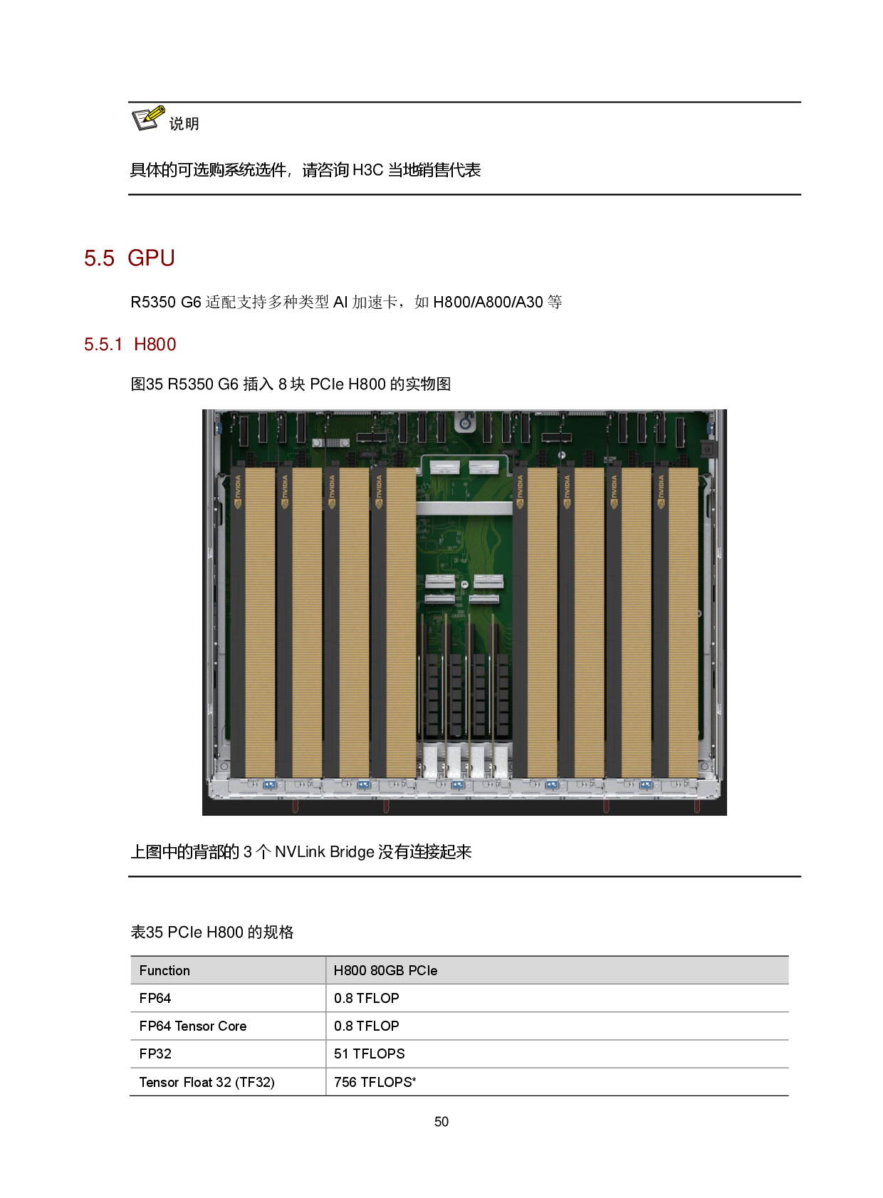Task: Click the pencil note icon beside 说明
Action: click(148, 118)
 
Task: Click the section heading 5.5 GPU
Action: click(129, 258)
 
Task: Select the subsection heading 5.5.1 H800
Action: click(130, 345)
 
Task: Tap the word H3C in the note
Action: click(368, 170)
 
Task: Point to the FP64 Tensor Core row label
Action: click(193, 1026)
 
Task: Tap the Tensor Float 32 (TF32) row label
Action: click(207, 1082)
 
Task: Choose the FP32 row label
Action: click(155, 1053)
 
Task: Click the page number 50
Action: click(441, 1122)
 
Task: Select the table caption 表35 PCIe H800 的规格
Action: click(212, 932)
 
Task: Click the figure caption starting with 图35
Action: click(291, 384)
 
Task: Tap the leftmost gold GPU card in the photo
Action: click(260, 622)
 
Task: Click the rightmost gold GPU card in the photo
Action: click(683, 622)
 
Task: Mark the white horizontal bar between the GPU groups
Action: click(464, 508)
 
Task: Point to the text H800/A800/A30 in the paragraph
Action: click(488, 303)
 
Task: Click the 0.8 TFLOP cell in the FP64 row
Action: click(366, 998)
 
